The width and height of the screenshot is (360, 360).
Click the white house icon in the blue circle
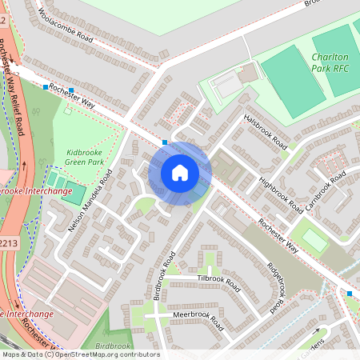coord(180,172)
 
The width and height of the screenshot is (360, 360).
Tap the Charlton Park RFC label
coord(329,62)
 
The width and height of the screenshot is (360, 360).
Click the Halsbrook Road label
coord(265,130)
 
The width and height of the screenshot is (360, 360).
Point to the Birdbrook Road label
coord(165,275)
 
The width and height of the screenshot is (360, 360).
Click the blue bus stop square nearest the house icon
coord(165,142)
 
